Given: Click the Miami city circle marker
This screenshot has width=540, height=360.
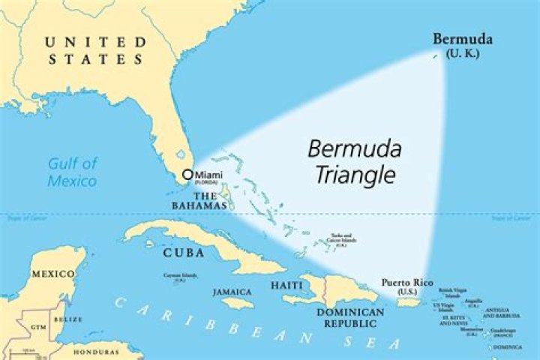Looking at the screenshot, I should [x=187, y=175].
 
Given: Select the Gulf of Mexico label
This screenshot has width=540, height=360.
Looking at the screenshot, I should [x=73, y=172].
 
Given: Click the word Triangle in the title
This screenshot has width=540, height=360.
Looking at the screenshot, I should [x=354, y=175].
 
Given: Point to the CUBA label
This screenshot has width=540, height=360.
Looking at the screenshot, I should [x=183, y=253].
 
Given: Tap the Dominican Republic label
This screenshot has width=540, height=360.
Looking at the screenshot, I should [x=346, y=317].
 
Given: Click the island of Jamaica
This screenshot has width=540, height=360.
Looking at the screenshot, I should [x=238, y=303].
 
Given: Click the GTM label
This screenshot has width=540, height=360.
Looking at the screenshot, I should [x=37, y=328].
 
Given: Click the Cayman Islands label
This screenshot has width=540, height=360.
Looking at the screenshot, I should [x=181, y=277].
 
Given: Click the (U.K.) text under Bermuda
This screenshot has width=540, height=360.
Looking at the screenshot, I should [x=462, y=53].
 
